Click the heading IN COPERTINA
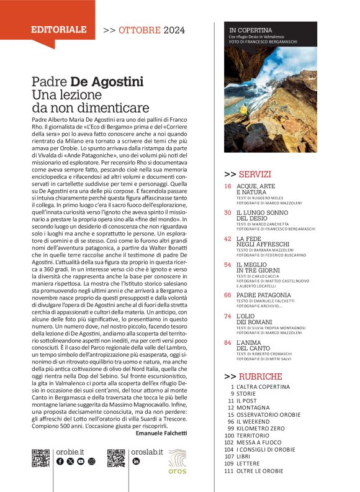click(x=250, y=30)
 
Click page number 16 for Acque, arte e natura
click(x=227, y=186)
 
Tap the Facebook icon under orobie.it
click(x=60, y=462)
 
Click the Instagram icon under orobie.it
click(x=91, y=462)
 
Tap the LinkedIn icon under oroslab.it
click(x=136, y=462)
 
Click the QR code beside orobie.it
click(x=40, y=458)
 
